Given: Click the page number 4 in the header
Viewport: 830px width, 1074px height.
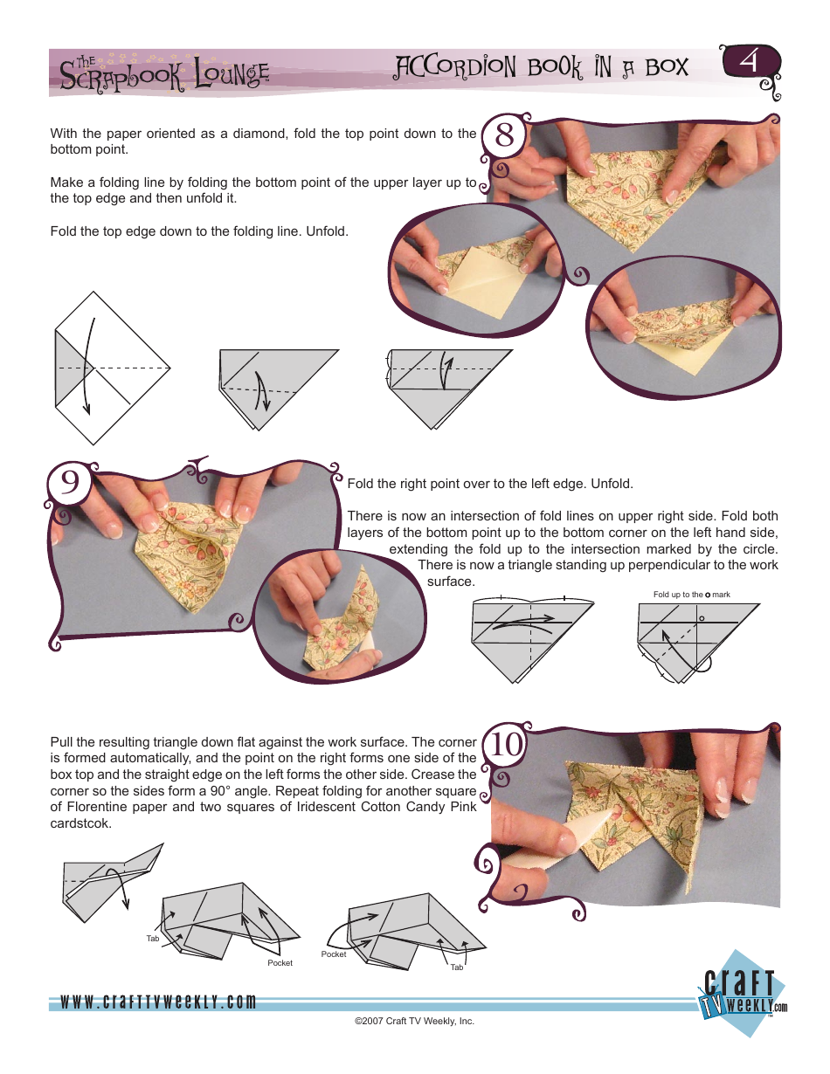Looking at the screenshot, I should tap(748, 64).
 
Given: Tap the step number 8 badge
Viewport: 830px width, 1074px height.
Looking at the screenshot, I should tap(504, 138).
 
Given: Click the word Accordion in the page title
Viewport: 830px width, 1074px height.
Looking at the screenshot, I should tap(455, 67).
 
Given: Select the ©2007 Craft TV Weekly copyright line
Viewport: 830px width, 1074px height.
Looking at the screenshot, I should tap(414, 1021).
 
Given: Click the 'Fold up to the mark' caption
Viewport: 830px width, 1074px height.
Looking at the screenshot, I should tap(691, 595).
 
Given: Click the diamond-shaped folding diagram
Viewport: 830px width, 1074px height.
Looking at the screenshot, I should tap(110, 367).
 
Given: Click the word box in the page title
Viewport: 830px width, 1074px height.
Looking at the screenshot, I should tap(663, 67).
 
